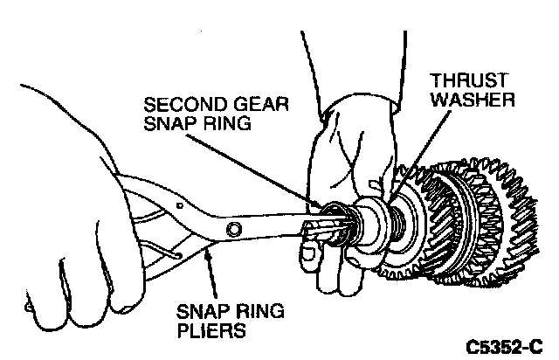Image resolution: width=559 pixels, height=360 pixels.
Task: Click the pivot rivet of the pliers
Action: [x=232, y=229]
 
